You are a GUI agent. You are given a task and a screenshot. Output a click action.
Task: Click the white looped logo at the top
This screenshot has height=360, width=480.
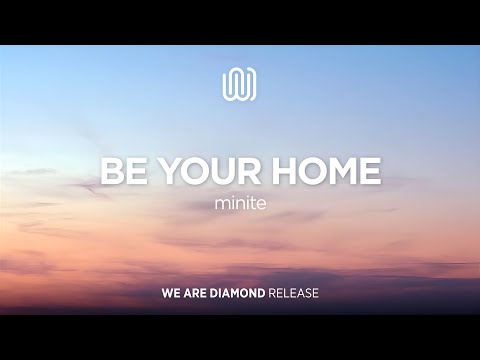click(240, 84)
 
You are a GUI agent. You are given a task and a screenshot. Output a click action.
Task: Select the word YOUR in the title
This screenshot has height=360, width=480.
click(210, 171)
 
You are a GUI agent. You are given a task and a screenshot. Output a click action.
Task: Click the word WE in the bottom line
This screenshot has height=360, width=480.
click(170, 296)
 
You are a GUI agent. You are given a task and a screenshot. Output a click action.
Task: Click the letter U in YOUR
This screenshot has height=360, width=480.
click(224, 171)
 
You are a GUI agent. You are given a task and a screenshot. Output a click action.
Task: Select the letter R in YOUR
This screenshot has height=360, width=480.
click(253, 171)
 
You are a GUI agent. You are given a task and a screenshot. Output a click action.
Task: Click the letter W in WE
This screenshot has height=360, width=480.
click(167, 296)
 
